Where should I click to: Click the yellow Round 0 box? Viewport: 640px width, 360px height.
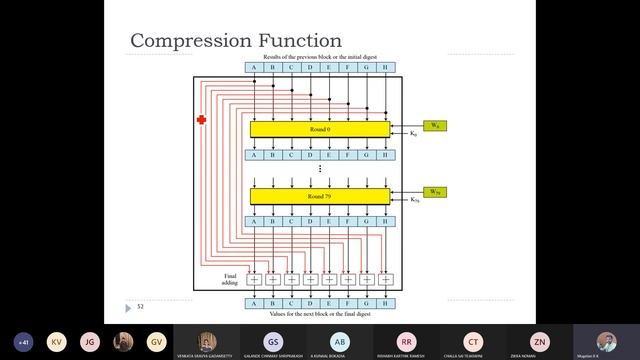[x=320, y=129]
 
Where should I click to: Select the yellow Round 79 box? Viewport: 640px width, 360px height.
[x=320, y=196]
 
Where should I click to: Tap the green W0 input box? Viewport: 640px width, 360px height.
[x=434, y=125]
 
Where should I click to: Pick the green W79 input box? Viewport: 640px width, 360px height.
[x=434, y=191]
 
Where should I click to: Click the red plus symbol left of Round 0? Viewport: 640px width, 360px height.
[x=201, y=120]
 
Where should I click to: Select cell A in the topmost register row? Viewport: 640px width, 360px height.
[x=254, y=68]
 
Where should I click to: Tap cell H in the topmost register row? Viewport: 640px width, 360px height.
[x=386, y=68]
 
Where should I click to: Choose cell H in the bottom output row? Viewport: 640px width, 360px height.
[x=386, y=303]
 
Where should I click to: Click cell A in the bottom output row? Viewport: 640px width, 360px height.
[x=254, y=303]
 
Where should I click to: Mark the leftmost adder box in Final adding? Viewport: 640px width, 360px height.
[x=254, y=279]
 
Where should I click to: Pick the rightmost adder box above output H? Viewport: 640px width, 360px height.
[x=386, y=279]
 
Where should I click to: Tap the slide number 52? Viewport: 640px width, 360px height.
[x=141, y=306]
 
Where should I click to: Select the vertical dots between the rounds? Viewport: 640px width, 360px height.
[x=320, y=169]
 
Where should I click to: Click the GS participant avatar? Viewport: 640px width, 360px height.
[x=272, y=340]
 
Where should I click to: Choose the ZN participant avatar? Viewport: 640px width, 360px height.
[x=540, y=340]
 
